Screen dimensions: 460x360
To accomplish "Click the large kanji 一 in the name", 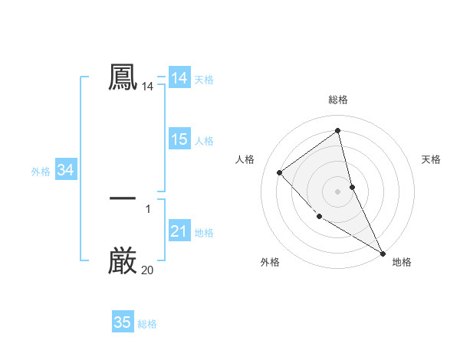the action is tap(123, 198).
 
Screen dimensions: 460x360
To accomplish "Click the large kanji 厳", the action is tap(123, 261).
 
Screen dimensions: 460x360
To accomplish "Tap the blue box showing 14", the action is tap(179, 78).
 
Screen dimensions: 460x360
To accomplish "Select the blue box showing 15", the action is tap(179, 139).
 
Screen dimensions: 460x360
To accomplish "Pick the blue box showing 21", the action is tap(179, 232).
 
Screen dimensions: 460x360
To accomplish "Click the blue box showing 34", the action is tap(65, 171).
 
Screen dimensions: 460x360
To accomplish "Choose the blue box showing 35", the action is tap(123, 322).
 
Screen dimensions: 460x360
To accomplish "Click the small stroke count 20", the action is tap(147, 270).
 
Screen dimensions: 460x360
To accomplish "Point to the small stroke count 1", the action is tap(148, 208).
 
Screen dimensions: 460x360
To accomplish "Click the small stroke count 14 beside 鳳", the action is tap(147, 87).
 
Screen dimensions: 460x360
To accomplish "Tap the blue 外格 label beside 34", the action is tap(41, 172).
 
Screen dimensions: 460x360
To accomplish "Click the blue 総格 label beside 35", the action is tap(147, 324).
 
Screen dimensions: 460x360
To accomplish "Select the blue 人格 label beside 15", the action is tap(204, 141).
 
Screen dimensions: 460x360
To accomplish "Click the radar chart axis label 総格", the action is tap(338, 100).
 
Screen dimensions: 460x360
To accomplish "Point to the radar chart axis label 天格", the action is tap(431, 159).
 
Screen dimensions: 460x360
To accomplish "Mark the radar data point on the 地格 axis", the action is tap(383, 253).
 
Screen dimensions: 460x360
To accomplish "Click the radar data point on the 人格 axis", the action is tap(280, 172).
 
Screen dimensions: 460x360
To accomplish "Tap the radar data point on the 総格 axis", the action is tap(338, 131).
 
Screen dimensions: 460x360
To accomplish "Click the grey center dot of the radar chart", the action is tap(338, 191).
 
